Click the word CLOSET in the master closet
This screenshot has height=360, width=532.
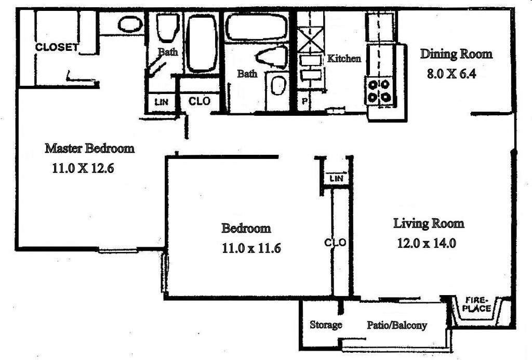[x=57, y=47]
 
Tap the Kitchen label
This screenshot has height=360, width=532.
[x=343, y=58]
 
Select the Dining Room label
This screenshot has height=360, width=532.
[x=456, y=54]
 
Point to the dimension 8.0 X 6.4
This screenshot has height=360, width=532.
[x=451, y=73]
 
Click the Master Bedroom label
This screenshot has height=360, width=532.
[x=89, y=148]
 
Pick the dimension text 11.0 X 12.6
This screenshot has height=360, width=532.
[x=83, y=168]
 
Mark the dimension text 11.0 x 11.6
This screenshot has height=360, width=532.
[x=251, y=248]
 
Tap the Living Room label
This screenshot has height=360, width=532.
[x=428, y=224]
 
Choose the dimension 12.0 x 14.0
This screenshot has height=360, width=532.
[x=427, y=243]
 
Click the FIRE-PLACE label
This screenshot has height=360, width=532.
[x=477, y=304]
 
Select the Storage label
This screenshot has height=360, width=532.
[x=326, y=325]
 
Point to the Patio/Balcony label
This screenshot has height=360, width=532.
[x=397, y=325]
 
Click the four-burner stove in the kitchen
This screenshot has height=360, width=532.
[x=379, y=90]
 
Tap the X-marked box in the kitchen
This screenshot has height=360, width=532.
[x=310, y=41]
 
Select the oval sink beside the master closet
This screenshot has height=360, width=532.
[x=130, y=24]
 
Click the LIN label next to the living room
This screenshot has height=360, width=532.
[x=337, y=178]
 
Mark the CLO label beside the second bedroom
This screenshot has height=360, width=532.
[x=335, y=243]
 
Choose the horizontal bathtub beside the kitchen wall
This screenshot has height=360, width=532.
[x=256, y=27]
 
